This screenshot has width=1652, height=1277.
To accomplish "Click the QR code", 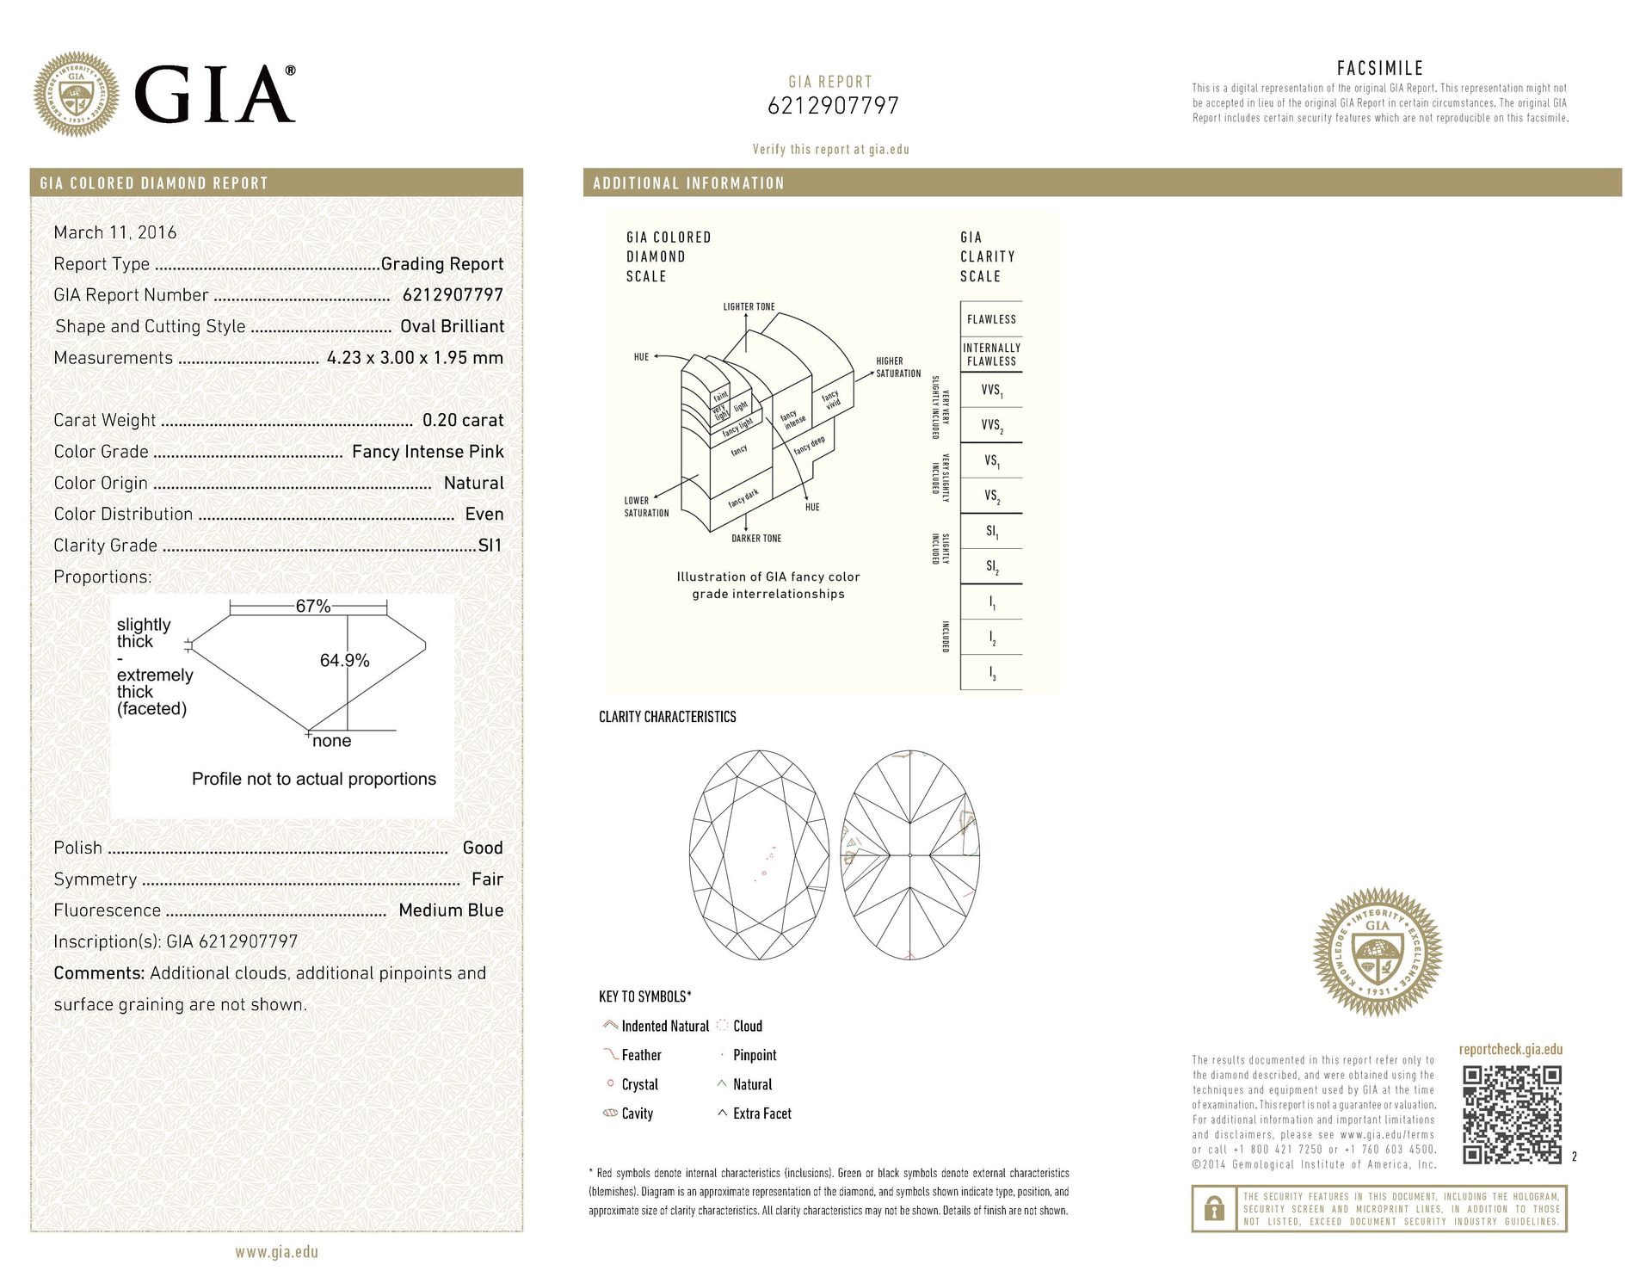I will (x=1512, y=1114).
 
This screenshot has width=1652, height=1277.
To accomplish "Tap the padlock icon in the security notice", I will (x=1214, y=1209).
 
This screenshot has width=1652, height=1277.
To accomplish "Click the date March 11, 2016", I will (x=115, y=232).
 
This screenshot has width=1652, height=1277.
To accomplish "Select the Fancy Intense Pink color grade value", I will (x=428, y=452).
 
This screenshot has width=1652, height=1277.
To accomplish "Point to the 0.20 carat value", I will (x=463, y=420).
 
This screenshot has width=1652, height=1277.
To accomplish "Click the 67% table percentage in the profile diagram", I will (x=312, y=606).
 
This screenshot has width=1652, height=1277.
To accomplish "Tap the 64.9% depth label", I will (x=344, y=660).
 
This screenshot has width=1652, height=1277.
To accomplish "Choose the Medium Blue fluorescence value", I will (x=451, y=910).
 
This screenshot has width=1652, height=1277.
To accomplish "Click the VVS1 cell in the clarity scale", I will (x=991, y=391).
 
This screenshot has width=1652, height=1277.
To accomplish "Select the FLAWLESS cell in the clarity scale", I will (x=991, y=319).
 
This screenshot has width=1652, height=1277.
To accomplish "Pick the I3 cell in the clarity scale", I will (x=991, y=675).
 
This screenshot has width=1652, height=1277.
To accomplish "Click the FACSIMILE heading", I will (x=1379, y=68).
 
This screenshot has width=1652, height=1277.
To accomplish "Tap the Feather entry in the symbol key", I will (x=641, y=1055).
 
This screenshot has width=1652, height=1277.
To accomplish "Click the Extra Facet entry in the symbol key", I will (x=761, y=1114).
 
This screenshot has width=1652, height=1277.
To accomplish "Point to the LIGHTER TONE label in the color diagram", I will (x=749, y=306).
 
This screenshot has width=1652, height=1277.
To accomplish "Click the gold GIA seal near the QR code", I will (x=1377, y=953).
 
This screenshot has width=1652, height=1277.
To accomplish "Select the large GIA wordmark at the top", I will (x=215, y=95).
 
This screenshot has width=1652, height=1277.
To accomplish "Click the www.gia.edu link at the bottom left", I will (x=276, y=1252).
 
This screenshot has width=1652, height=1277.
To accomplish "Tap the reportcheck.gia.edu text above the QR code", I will (x=1510, y=1049).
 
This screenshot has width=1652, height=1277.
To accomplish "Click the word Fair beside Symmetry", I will (x=487, y=879).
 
